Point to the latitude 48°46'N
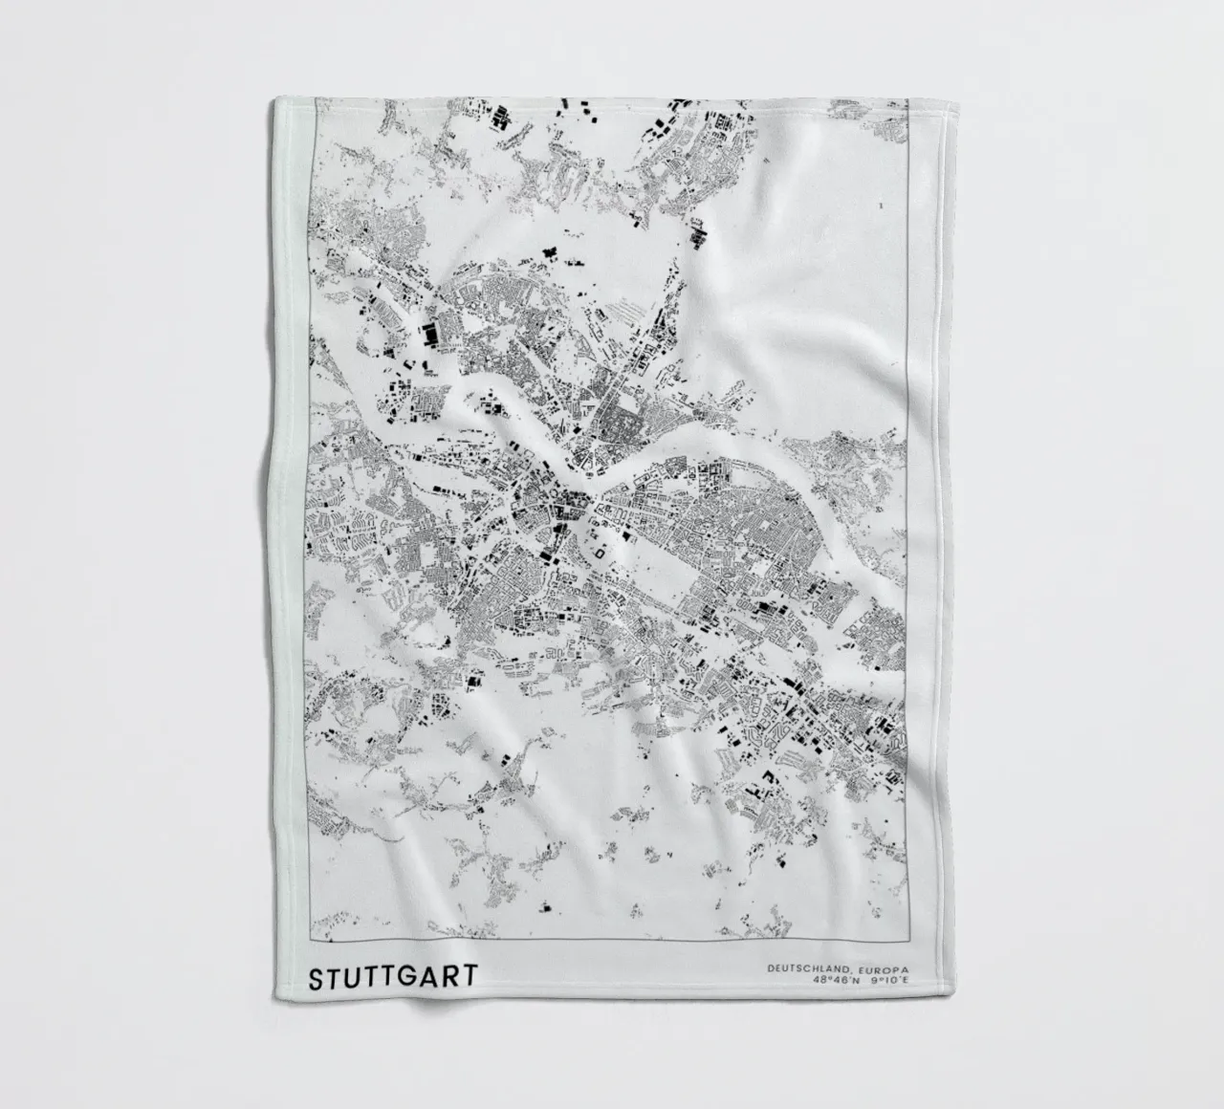pyautogui.click(x=838, y=981)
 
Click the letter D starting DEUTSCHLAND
pyautogui.click(x=770, y=969)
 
